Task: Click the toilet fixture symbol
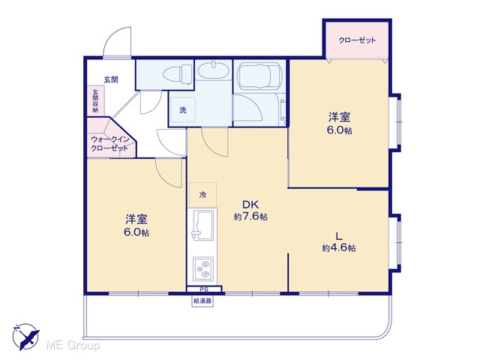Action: tap(178, 74)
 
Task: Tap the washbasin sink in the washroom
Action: tap(213, 70)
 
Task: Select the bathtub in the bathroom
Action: tap(259, 76)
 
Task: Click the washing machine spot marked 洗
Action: tap(183, 110)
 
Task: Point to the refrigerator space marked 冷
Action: tap(202, 195)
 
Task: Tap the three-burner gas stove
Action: tap(203, 268)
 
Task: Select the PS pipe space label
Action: tap(204, 289)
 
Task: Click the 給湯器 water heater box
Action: tap(202, 301)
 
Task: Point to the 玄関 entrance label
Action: tap(111, 79)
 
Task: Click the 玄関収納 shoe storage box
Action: tap(95, 101)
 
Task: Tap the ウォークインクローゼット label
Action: tap(109, 144)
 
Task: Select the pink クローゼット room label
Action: tap(357, 40)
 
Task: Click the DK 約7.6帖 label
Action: tap(250, 210)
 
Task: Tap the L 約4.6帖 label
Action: tap(339, 241)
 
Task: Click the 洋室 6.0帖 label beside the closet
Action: tap(340, 124)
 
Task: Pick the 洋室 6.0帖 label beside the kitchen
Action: tap(136, 226)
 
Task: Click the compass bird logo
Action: tap(25, 337)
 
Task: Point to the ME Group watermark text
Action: tap(73, 346)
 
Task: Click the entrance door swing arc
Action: tap(115, 34)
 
